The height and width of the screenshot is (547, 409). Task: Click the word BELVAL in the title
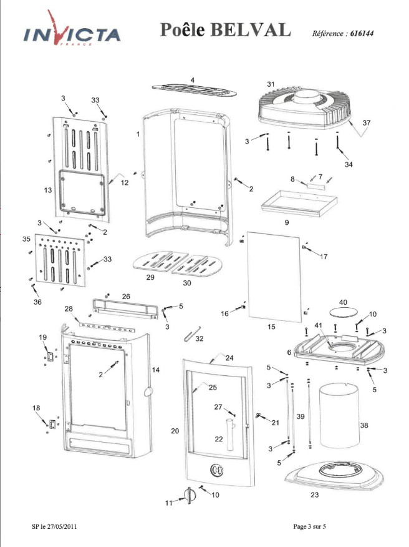pos(250,29)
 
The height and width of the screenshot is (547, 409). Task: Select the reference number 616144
pos(362,34)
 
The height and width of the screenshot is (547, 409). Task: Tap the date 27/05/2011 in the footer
pos(62,526)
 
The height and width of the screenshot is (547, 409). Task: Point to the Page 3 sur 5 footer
pos(309,526)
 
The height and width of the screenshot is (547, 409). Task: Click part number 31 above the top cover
pos(271,84)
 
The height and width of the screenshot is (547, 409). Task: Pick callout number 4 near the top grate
pos(192,80)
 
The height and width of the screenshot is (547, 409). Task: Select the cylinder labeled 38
pos(339,415)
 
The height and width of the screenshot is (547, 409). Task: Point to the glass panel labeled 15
pos(274,277)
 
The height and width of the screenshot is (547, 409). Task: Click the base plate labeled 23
pos(334,475)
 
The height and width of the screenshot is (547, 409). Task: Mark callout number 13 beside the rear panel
pos(48,190)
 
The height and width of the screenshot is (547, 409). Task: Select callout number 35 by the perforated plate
pos(26,239)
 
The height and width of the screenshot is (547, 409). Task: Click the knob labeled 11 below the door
pos(189,495)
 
